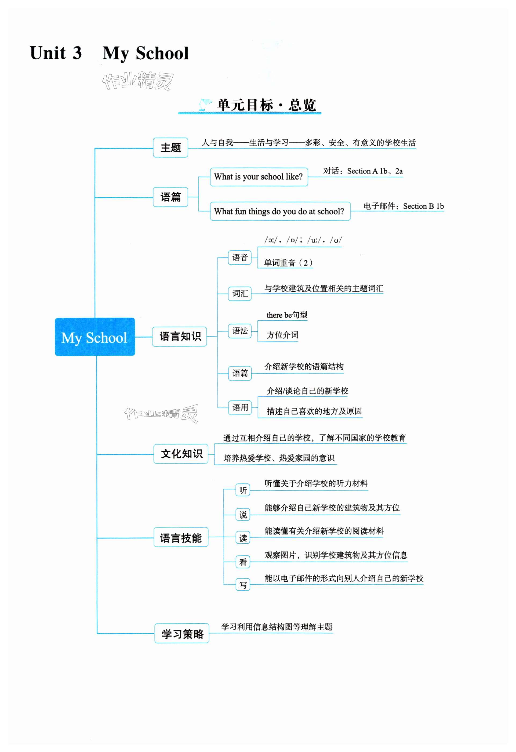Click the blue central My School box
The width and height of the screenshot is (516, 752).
point(95,337)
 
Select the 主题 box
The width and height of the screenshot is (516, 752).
point(170,147)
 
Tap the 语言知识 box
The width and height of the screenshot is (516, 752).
point(180,337)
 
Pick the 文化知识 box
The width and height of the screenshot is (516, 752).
point(181,454)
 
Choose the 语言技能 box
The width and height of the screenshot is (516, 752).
point(181,538)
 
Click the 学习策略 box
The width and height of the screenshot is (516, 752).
point(182,634)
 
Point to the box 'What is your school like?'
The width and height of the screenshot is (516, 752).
point(259,177)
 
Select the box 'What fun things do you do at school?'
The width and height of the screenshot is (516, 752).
point(280,211)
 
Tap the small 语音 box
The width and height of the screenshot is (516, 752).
point(240,258)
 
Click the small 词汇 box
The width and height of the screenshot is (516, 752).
point(240,294)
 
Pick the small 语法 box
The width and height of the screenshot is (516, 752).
point(240,331)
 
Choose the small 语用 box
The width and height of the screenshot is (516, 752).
point(240,407)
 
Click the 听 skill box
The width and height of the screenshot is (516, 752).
point(243,491)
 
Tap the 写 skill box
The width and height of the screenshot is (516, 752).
point(243,585)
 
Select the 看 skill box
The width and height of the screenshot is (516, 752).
point(243,562)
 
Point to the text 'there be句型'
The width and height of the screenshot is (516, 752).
point(287,315)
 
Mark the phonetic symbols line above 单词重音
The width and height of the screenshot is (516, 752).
point(303,240)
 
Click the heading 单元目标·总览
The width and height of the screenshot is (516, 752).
point(266,105)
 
